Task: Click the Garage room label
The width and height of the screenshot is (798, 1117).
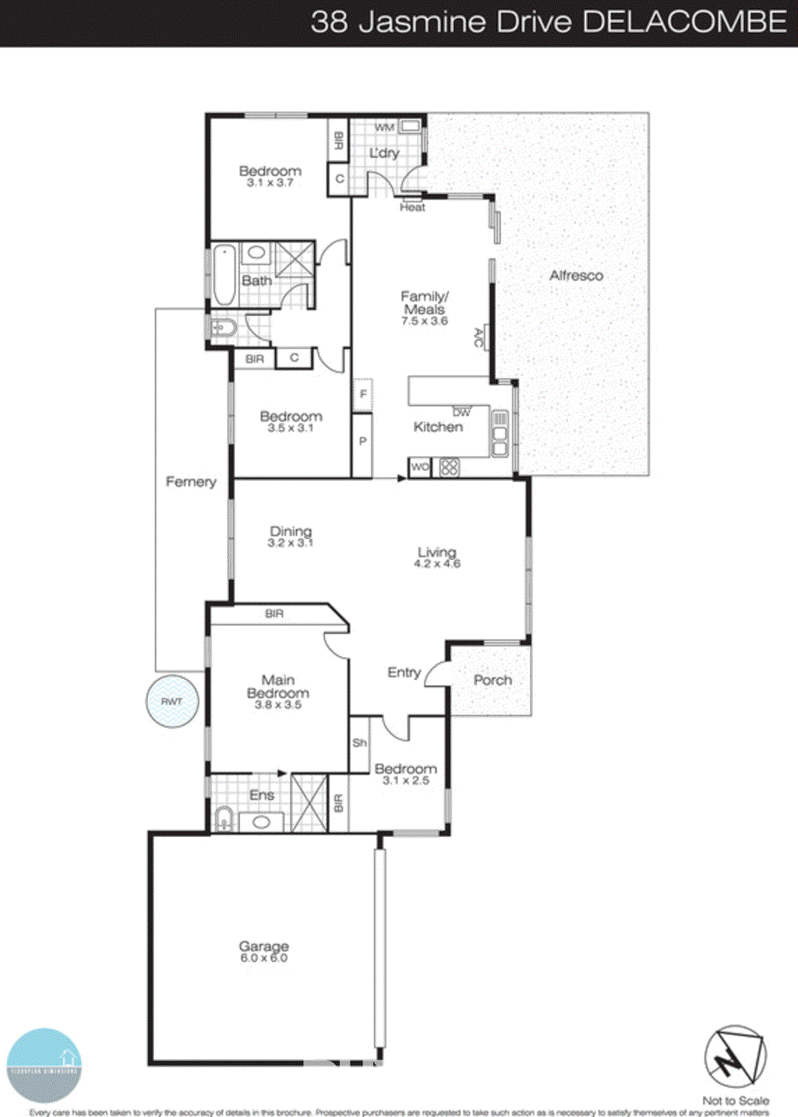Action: coord(264,946)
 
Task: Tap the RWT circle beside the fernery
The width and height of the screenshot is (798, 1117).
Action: coord(172,701)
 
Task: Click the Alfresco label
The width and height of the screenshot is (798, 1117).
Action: coord(576,276)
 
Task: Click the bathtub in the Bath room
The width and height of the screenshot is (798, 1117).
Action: coord(225,274)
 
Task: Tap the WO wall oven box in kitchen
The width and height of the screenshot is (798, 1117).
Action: coord(419,467)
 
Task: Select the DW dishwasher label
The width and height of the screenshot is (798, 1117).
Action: coord(462,413)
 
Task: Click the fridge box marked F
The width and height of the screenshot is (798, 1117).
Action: coord(363,394)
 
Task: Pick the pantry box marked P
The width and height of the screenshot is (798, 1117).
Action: coord(363,441)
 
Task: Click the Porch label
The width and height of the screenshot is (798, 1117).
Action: coord(492,680)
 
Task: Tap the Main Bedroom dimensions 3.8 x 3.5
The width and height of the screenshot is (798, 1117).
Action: coord(278,705)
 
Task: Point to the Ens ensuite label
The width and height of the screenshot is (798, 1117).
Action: coord(262,795)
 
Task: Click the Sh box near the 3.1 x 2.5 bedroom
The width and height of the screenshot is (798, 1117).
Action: coord(359,743)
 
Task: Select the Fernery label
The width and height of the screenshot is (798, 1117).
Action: coord(190,482)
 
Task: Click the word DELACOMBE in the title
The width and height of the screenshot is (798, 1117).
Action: coord(685,22)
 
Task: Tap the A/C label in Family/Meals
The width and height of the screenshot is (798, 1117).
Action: coord(479,339)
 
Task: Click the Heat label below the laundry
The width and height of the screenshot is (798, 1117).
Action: coord(412,207)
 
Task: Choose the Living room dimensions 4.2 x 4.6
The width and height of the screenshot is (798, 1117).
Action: coord(437,564)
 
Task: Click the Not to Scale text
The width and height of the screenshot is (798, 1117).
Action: coord(735,1100)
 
